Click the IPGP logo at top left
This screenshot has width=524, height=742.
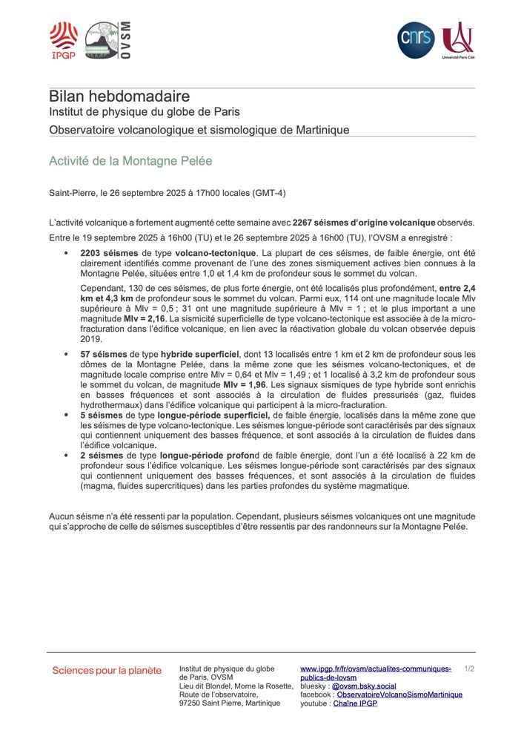pos(63,40)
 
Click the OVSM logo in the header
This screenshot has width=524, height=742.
pos(108,40)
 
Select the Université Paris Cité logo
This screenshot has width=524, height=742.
pos(457,40)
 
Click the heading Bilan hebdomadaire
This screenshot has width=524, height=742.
pos(119,96)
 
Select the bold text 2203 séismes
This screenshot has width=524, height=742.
pos(104,253)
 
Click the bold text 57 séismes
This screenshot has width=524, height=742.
pos(102,355)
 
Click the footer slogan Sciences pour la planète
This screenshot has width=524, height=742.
pos(107,671)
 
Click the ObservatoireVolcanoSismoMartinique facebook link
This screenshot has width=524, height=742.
pos(399,695)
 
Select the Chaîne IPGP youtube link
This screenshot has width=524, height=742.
pos(355,703)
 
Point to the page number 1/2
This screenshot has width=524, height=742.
pos(468,669)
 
